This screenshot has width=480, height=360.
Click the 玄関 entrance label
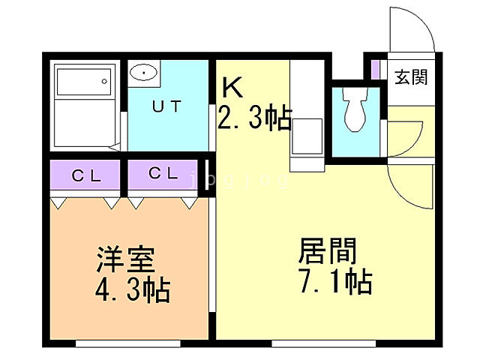click(412, 76)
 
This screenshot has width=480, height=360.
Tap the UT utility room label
click(166, 106)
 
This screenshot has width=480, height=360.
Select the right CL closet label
click(163, 174)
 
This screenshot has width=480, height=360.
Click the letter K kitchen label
click(232, 88)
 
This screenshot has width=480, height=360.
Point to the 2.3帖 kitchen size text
click(253, 118)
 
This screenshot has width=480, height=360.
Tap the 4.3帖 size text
click(131, 289)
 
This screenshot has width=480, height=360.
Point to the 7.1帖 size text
click(334, 282)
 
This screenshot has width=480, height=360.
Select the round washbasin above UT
click(142, 73)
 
